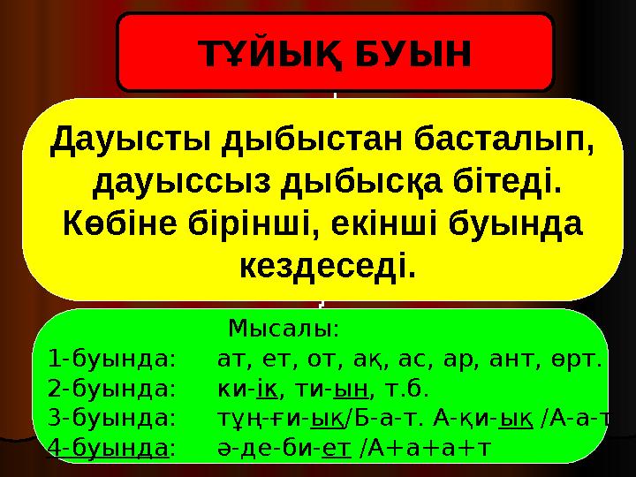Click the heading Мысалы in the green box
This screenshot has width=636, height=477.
281,329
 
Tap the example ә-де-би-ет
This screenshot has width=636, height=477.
283,447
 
